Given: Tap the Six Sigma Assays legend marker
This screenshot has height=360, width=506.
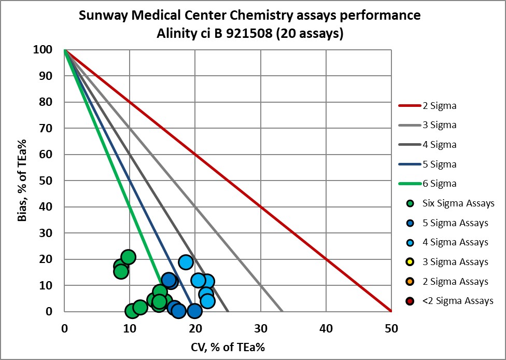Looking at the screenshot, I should pos(410,203).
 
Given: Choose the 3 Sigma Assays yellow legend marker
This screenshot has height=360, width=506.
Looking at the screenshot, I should pos(410,262).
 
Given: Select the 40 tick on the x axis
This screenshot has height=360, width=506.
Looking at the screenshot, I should pos(326,328).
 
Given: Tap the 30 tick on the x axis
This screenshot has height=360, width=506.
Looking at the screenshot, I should pos(260,328).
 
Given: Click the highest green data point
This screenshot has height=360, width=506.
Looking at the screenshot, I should pos(128,257).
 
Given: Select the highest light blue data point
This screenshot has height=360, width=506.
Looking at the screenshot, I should pos(186,262).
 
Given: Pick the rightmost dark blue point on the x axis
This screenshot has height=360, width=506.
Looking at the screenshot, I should pos(194,311).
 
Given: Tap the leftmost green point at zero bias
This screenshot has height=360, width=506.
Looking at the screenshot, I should pos(132,311).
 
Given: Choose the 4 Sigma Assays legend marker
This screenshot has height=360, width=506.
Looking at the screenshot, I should pos(410,242).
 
